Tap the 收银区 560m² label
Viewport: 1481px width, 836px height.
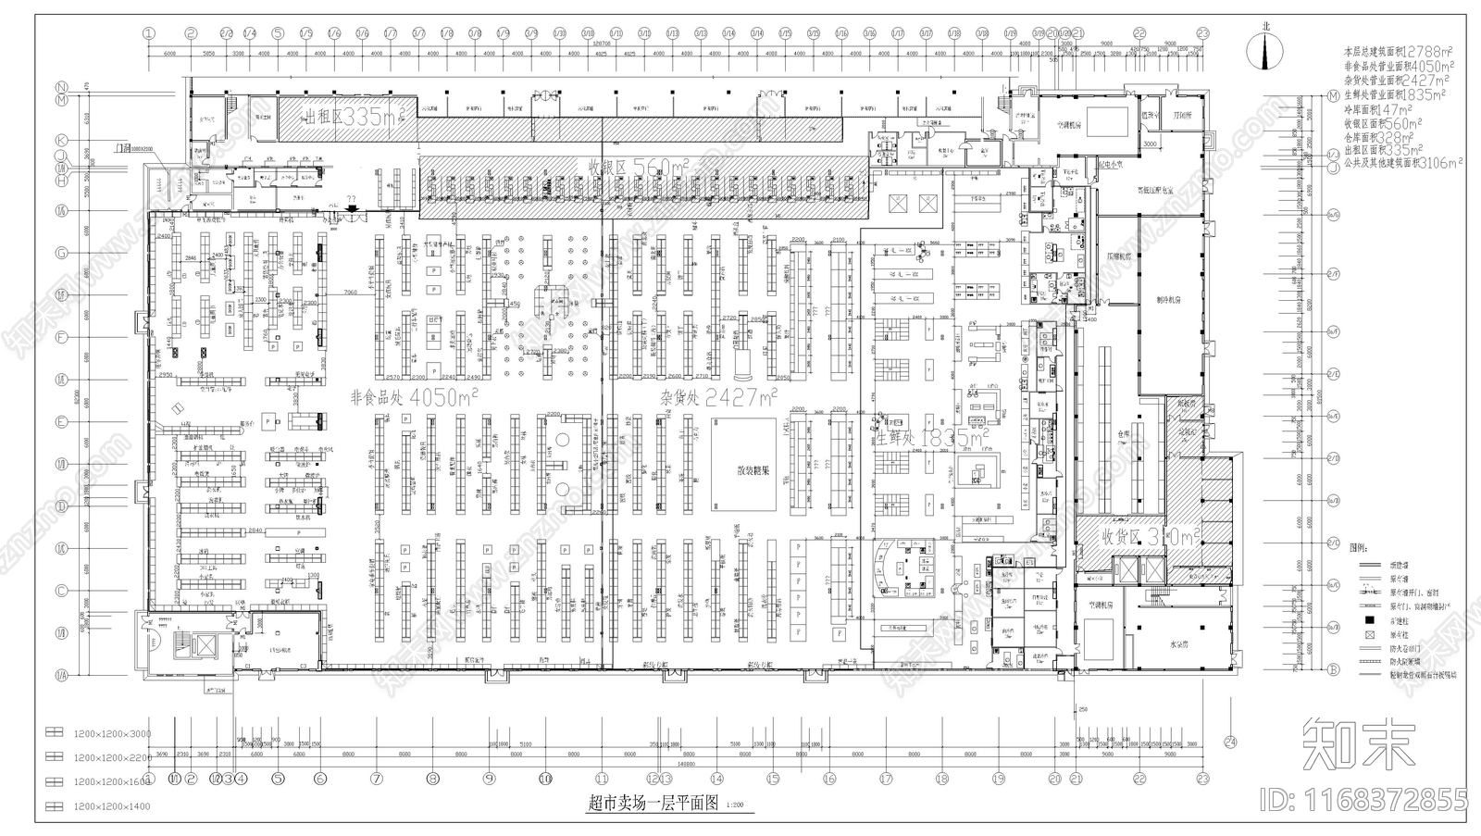coord(639,167)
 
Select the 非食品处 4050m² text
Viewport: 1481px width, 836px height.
coord(414,397)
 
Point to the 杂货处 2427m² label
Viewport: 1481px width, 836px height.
coord(718,397)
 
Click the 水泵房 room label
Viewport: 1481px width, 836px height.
coord(1178,643)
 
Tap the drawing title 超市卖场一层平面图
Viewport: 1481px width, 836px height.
coord(653,804)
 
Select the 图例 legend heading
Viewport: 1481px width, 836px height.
coord(1359,547)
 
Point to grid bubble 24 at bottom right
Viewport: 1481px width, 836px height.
coord(1230,740)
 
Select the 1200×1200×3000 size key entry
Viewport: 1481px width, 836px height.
coord(111,733)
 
